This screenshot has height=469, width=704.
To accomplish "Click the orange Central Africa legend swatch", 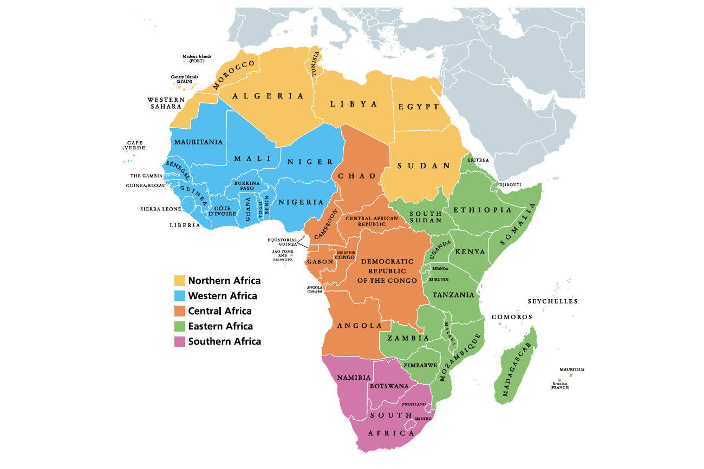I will pos(180,311).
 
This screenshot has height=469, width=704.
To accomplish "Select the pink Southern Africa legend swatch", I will pos(180,341).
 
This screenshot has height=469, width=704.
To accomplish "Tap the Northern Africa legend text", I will pos(224,281).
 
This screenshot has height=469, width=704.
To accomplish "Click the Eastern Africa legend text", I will pos(220,326).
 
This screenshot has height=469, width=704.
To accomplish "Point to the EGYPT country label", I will pos(419,107).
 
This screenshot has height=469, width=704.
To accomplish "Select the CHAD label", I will pos(357,176).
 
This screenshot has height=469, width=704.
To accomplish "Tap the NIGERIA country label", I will pos(301,202).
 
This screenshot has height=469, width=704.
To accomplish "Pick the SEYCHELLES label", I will pos(552,301).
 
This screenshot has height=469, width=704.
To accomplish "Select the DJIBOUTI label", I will pos(509,184).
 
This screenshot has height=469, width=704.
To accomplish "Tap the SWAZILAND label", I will pos(414,404).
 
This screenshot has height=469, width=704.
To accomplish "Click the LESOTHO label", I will pos(423,419).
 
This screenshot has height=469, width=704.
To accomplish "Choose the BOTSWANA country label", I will pos(389,386).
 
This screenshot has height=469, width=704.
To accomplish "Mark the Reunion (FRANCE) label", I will pos(560,385).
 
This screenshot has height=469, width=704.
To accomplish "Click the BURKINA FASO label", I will pos(247,186).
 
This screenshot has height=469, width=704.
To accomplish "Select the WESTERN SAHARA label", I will pos(166,103).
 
